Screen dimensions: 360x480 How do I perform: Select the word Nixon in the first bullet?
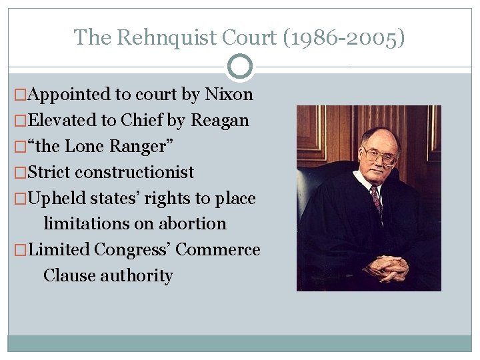pos(229,95)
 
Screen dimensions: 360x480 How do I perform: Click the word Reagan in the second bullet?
pos(220,121)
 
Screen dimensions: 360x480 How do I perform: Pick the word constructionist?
pos(134,172)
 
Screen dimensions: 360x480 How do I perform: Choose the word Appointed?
pos(69,95)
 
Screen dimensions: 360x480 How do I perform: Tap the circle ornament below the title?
pos(239,67)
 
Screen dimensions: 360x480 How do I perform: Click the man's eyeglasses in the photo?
pos(380,155)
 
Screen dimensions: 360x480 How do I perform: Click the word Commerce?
pos(218,249)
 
